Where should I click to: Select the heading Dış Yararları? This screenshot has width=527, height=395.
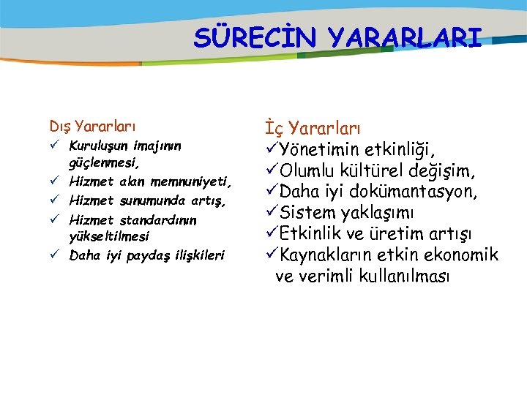pos(92,127)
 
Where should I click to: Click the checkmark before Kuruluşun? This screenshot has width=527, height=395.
pos(54,146)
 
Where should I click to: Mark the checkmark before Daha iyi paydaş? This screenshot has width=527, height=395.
pos(54,255)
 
